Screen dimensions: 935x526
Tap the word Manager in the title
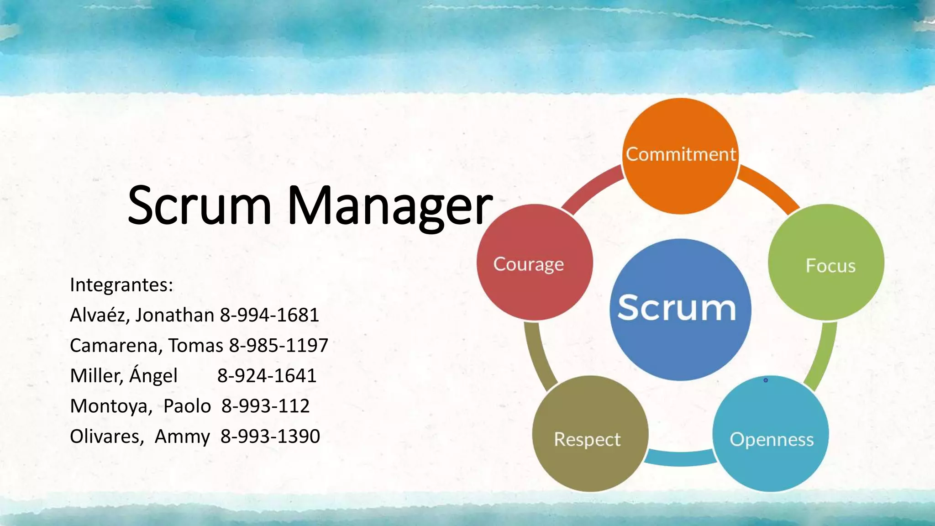(390, 206)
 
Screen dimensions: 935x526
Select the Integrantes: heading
(121, 285)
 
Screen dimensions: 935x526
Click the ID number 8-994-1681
(269, 315)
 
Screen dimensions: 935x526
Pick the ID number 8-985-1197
(278, 346)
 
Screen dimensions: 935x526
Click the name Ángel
(153, 375)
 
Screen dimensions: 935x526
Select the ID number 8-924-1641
(267, 376)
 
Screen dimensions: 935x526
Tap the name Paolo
(187, 406)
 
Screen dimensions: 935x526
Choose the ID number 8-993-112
(265, 406)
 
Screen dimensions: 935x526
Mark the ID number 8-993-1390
(270, 437)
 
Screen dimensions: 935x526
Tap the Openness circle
(771, 434)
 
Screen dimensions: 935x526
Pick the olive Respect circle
(590, 434)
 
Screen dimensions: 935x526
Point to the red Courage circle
(535, 263)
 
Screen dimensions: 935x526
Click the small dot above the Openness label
(766, 380)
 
